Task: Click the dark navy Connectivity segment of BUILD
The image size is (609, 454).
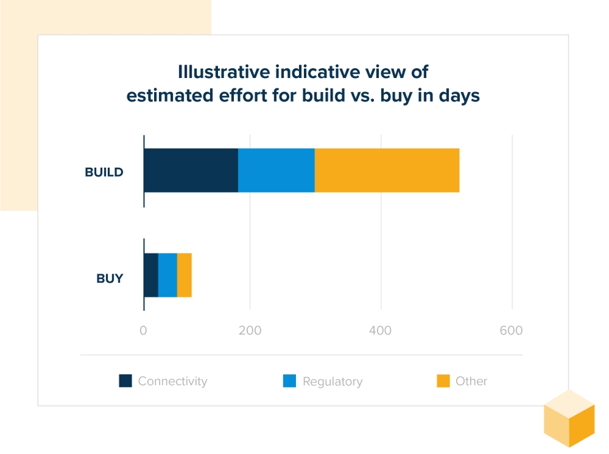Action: pyautogui.click(x=191, y=170)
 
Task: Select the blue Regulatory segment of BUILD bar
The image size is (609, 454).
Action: pyautogui.click(x=276, y=170)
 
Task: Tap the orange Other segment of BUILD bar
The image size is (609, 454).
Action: pyautogui.click(x=387, y=170)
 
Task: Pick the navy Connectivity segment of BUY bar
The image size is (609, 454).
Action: pyautogui.click(x=151, y=275)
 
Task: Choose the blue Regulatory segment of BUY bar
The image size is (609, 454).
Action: pyautogui.click(x=168, y=275)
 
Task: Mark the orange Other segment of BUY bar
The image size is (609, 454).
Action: pyautogui.click(x=184, y=275)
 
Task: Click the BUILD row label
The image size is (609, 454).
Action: pyautogui.click(x=104, y=172)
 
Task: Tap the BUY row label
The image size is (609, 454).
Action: pyautogui.click(x=109, y=278)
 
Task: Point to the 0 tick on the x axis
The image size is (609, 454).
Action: pyautogui.click(x=143, y=331)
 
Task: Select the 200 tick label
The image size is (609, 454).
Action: pyautogui.click(x=250, y=331)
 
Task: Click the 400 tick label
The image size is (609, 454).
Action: pyautogui.click(x=381, y=331)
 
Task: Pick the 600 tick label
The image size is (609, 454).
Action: pyautogui.click(x=511, y=331)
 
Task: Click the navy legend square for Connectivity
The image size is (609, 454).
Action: pyautogui.click(x=125, y=381)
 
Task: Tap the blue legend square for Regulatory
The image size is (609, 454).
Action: pyautogui.click(x=290, y=381)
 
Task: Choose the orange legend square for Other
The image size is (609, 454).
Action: pyautogui.click(x=443, y=381)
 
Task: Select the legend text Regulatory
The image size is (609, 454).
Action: pyautogui.click(x=332, y=382)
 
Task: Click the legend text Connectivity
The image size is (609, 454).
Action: pyautogui.click(x=173, y=381)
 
